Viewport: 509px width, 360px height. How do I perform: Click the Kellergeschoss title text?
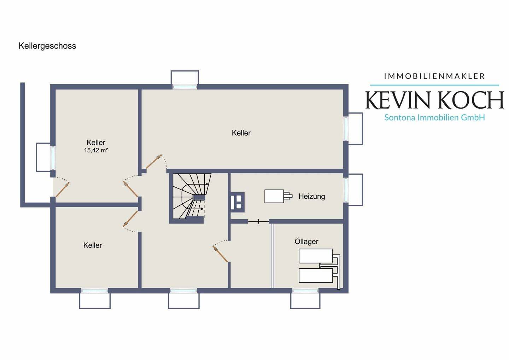pyautogui.click(x=47, y=46)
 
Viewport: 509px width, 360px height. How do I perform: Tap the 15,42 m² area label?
pyautogui.click(x=96, y=150)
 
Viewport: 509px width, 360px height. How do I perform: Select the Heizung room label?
pyautogui.click(x=312, y=196)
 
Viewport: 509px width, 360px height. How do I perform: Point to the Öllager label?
pyautogui.click(x=306, y=241)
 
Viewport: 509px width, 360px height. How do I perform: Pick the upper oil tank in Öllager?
pyautogui.click(x=316, y=256)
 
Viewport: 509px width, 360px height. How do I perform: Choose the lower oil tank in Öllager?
pyautogui.click(x=316, y=275)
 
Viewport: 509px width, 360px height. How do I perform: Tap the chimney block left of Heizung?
pyautogui.click(x=238, y=202)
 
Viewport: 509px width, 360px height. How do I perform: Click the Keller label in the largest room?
pyautogui.click(x=241, y=133)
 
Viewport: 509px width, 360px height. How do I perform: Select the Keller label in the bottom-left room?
pyautogui.click(x=93, y=245)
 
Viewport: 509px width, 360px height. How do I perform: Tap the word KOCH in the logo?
pyautogui.click(x=471, y=100)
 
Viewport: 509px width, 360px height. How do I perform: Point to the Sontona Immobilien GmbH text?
pyautogui.click(x=434, y=117)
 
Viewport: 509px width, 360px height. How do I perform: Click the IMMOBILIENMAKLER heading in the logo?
pyautogui.click(x=434, y=76)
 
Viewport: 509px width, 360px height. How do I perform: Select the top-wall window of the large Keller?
pyautogui.click(x=185, y=87)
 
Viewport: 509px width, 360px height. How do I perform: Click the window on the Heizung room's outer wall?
pyautogui.click(x=346, y=190)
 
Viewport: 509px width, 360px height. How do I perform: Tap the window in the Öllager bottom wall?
pyautogui.click(x=305, y=291)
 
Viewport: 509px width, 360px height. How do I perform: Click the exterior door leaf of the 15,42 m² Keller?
pyautogui.click(x=63, y=190)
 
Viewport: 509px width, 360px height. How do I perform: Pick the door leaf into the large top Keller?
pyautogui.click(x=154, y=162)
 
